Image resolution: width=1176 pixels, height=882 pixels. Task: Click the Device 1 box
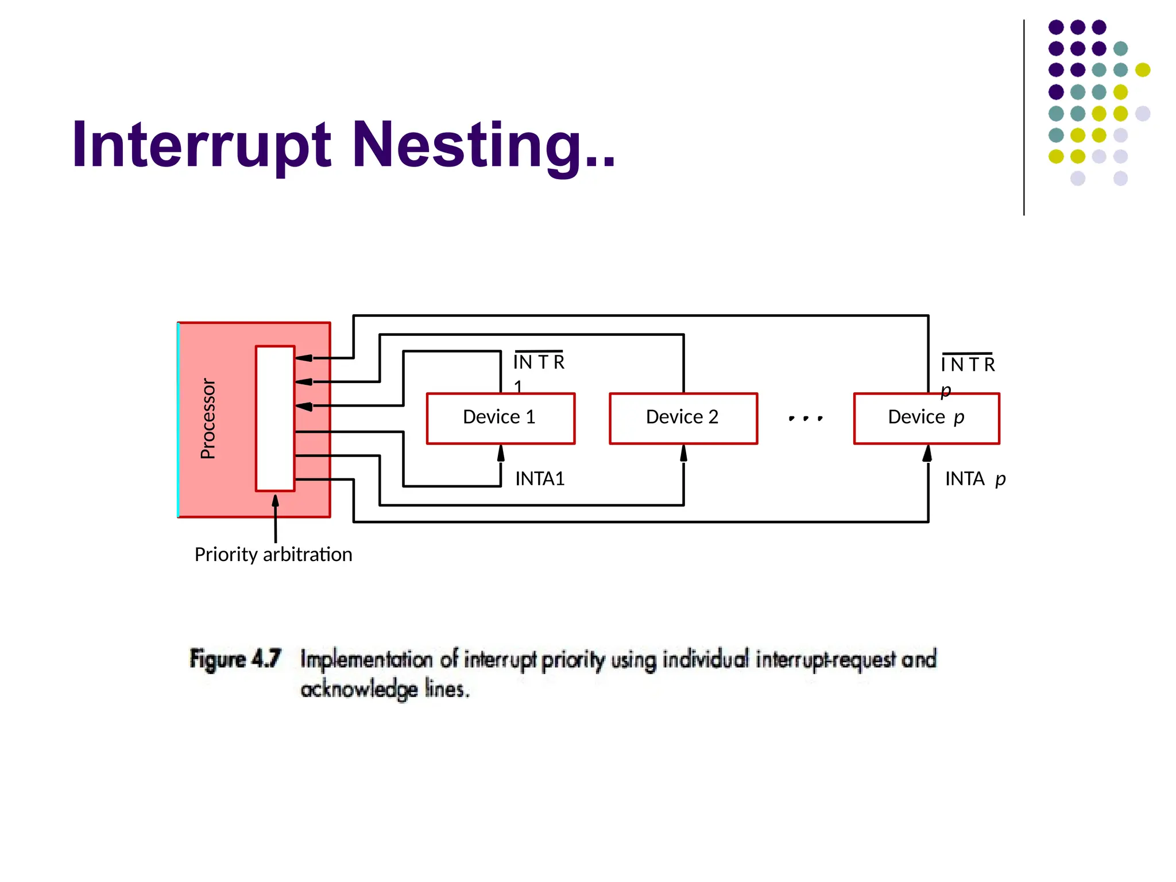pos(500,418)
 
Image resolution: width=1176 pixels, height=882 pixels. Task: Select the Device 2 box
pos(683,418)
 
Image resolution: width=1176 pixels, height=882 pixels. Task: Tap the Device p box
pos(926,418)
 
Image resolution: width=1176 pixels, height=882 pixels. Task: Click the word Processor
pos(208,419)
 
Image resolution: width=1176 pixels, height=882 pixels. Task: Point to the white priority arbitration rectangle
pos(275,419)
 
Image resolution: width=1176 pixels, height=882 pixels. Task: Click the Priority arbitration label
pos(273,555)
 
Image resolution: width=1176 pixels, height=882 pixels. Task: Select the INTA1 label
pos(540,479)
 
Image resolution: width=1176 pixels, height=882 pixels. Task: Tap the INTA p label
pos(975,479)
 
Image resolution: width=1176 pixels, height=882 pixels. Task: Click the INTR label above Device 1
pos(539,362)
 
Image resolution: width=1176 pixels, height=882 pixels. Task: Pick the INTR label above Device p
pos(968,365)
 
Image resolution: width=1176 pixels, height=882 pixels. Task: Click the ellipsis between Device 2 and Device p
pos(806,419)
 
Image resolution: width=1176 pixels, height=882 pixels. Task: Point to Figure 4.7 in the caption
pos(235,659)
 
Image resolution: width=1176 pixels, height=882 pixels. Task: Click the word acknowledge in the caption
pos(359,689)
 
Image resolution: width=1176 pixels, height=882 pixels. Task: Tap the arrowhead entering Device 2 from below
pos(683,454)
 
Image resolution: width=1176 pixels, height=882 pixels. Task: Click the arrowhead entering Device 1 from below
pos(501,454)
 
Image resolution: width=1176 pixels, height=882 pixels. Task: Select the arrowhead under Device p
pos(927,454)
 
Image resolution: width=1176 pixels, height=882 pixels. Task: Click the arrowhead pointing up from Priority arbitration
pos(276,501)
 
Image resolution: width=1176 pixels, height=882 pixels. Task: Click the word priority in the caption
pos(573,660)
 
